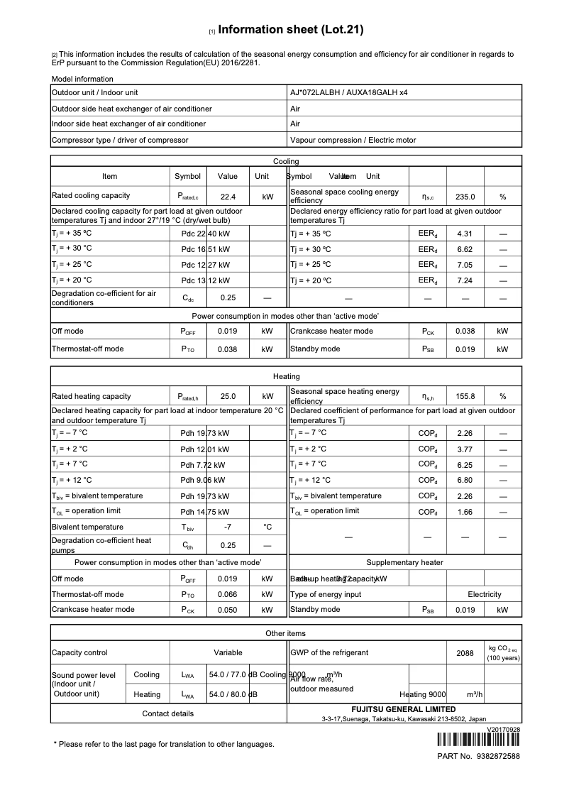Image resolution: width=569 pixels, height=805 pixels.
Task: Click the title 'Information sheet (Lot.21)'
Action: point(291,30)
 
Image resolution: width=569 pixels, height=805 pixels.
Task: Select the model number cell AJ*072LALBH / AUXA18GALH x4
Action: point(348,92)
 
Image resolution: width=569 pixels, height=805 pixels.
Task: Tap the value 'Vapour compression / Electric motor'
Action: point(353,140)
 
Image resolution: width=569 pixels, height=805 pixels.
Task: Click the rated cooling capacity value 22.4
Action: point(228,197)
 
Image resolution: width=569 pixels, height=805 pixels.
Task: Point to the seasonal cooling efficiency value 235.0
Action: point(465,197)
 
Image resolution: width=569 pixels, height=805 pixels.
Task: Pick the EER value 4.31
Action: point(465,234)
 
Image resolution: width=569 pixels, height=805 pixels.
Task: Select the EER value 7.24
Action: point(465,281)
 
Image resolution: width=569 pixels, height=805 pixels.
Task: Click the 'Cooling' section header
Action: point(286,161)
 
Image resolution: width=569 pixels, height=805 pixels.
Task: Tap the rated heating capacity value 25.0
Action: point(228,397)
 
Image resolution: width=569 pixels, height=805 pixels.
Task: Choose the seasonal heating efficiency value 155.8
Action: point(465,397)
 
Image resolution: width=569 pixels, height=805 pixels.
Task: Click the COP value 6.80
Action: point(465,480)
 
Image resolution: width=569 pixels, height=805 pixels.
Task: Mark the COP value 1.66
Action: point(465,512)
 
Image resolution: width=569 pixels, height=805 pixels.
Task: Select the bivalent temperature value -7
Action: point(228,527)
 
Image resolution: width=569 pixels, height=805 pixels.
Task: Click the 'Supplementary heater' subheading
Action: point(404,562)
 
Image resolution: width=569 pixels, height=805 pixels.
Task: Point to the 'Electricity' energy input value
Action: point(484,594)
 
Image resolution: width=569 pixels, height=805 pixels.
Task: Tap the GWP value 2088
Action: point(465,653)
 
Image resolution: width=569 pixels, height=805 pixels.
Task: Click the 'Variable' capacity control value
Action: point(228,652)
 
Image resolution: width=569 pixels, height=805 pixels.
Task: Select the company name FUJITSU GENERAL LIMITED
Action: point(404,709)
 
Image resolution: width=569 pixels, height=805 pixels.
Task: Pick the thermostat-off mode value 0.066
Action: point(228,594)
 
